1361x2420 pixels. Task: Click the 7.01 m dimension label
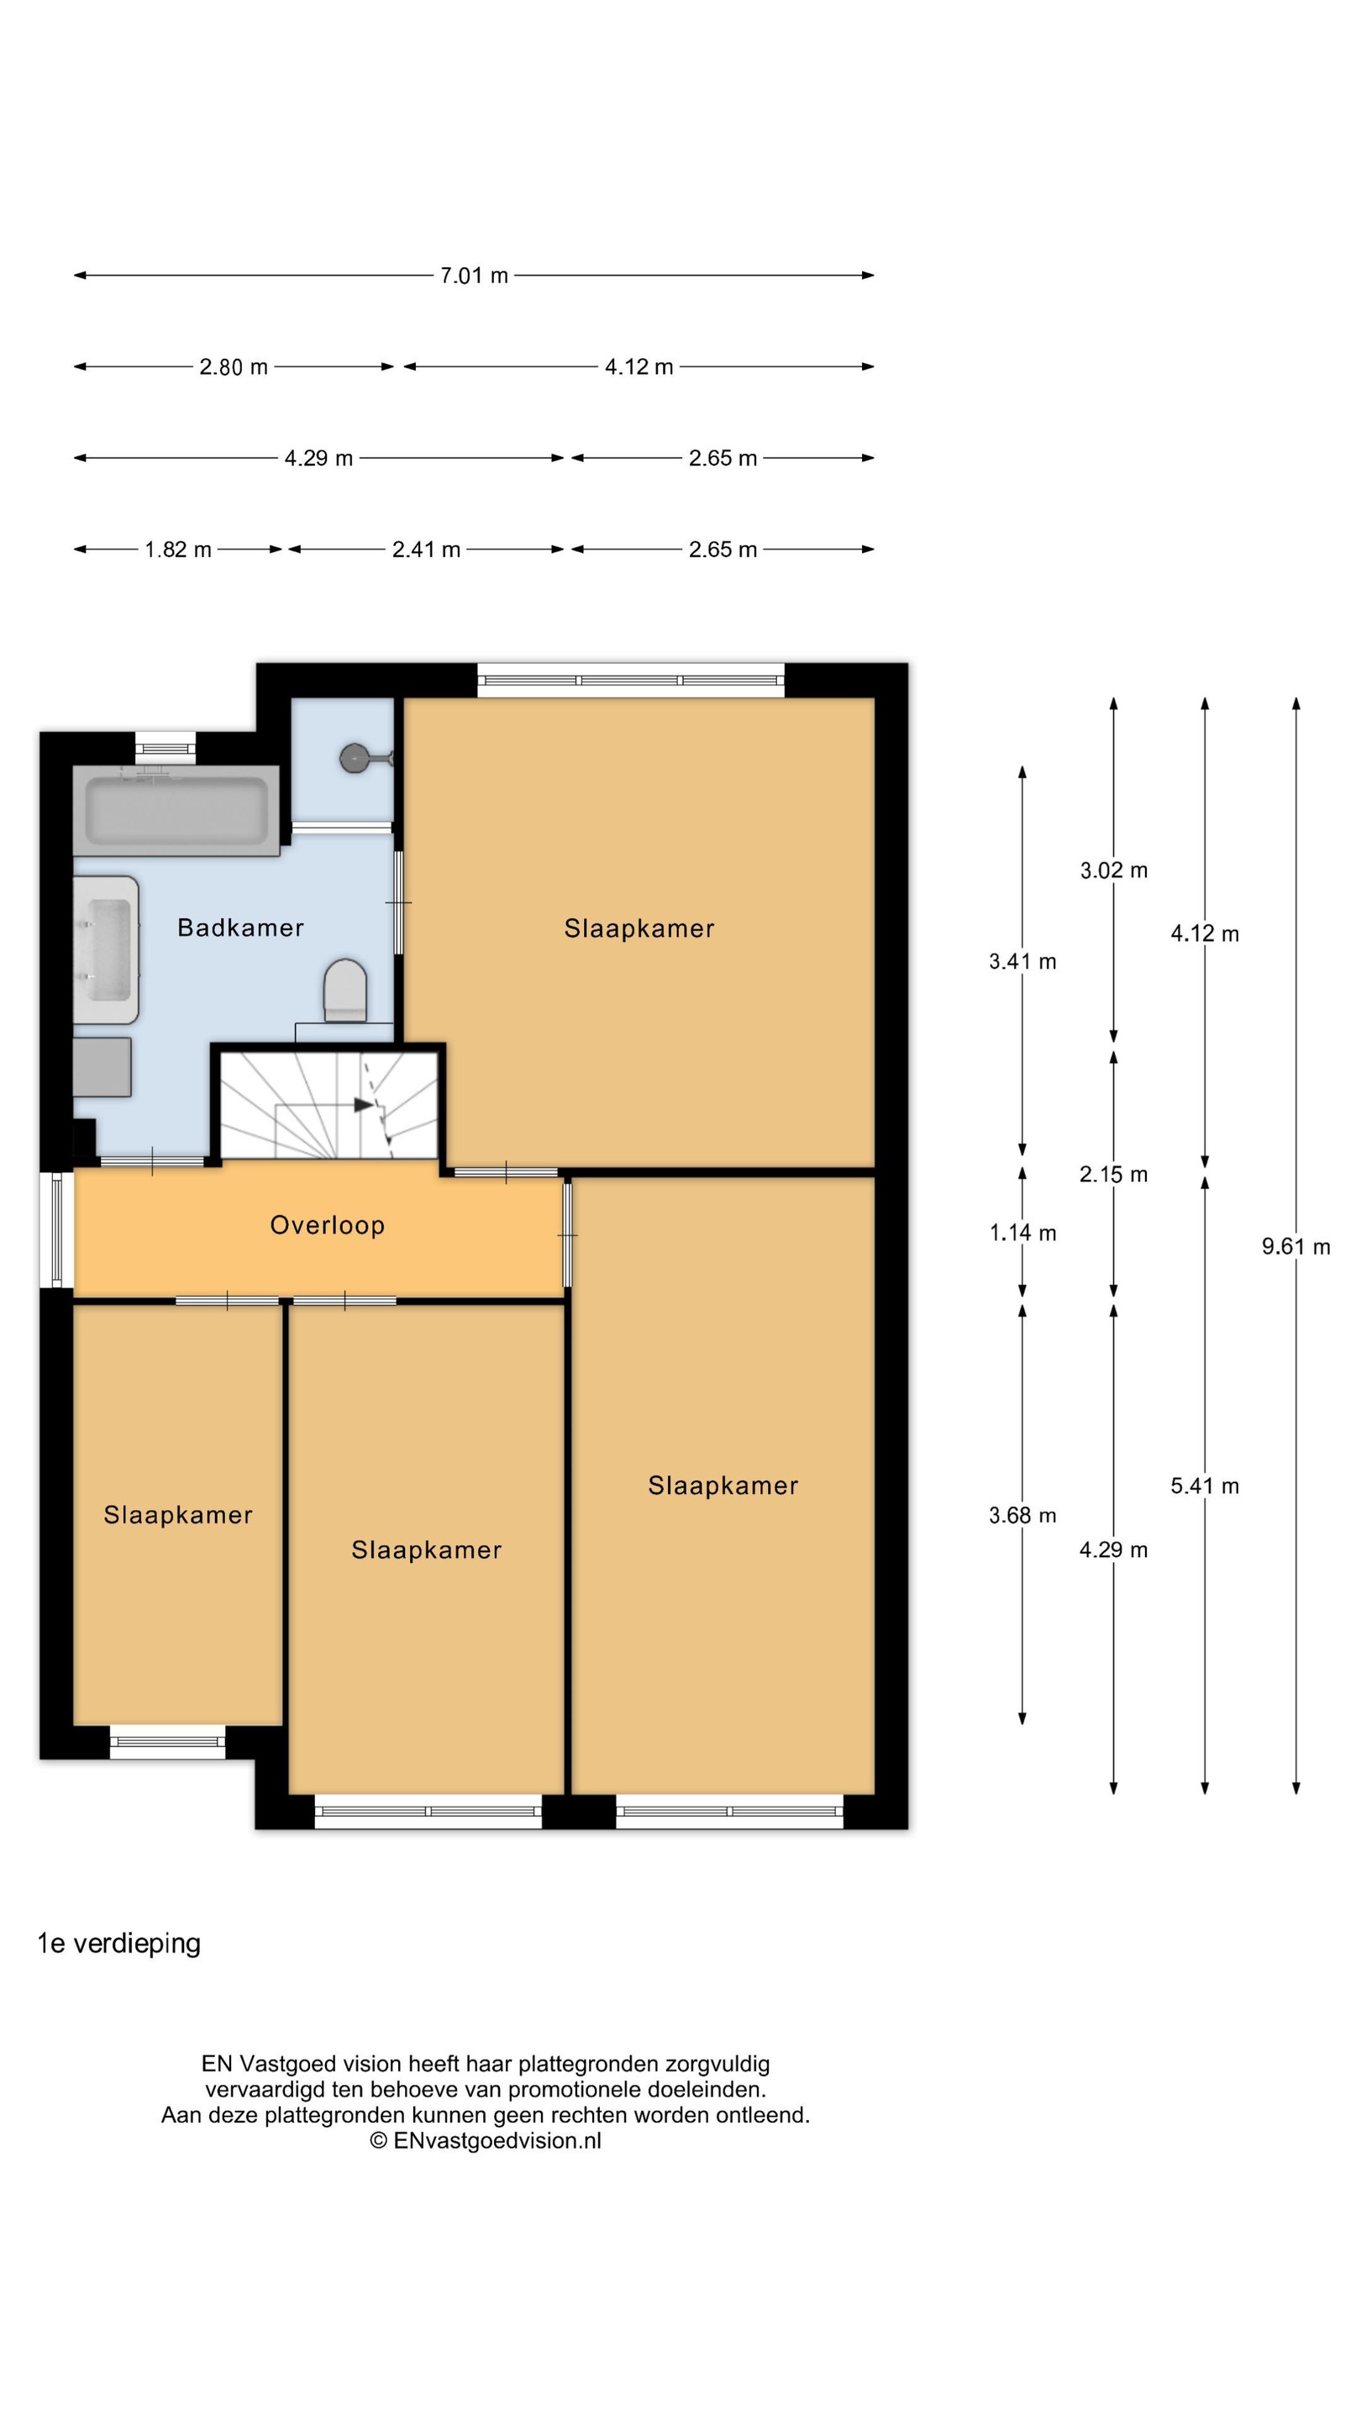tap(475, 276)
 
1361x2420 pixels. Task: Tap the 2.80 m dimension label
tap(233, 366)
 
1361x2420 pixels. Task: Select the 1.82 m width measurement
tap(177, 550)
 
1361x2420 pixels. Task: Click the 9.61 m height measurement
tap(1295, 1247)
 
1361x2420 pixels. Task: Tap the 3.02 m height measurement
tap(1113, 870)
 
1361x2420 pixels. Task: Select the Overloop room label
tap(327, 1225)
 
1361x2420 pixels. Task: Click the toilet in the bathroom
tap(344, 990)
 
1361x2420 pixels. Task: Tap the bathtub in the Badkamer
tap(176, 810)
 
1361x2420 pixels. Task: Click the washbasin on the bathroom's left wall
tap(106, 949)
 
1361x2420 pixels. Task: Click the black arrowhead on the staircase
tap(364, 1105)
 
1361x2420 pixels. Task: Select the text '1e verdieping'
tap(119, 1944)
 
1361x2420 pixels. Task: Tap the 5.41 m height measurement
tap(1204, 1486)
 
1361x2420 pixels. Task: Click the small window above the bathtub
tap(166, 749)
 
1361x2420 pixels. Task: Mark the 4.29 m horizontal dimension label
tap(318, 459)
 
